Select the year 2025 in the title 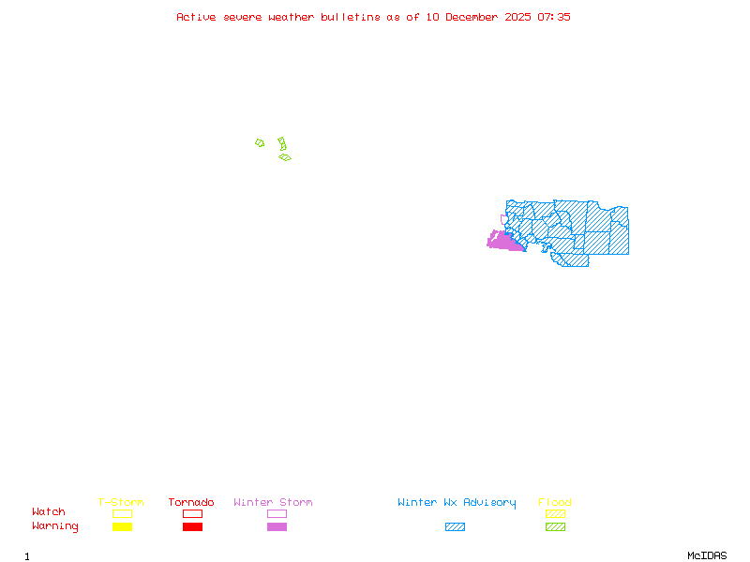pyautogui.click(x=517, y=17)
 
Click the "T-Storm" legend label pyautogui.click(x=121, y=503)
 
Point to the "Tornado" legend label pyautogui.click(x=191, y=503)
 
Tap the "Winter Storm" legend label pyautogui.click(x=273, y=503)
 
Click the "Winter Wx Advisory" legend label pyautogui.click(x=457, y=503)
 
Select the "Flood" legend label pyautogui.click(x=555, y=503)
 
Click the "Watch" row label pyautogui.click(x=49, y=512)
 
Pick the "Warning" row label pyautogui.click(x=55, y=526)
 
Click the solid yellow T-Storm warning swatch pyautogui.click(x=122, y=526)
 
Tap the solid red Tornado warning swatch pyautogui.click(x=192, y=526)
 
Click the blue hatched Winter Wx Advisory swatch pyautogui.click(x=455, y=526)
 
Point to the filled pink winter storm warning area pyautogui.click(x=504, y=243)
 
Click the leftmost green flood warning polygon pyautogui.click(x=260, y=143)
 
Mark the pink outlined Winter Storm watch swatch pyautogui.click(x=277, y=513)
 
